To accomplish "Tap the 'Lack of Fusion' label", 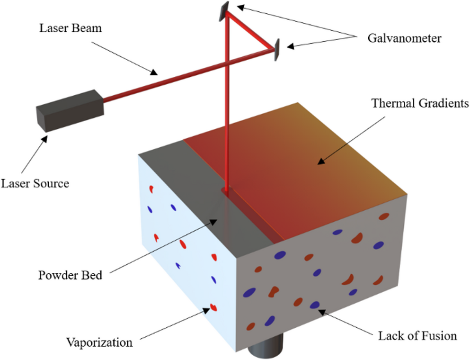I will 417,336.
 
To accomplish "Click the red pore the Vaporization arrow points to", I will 213,308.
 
